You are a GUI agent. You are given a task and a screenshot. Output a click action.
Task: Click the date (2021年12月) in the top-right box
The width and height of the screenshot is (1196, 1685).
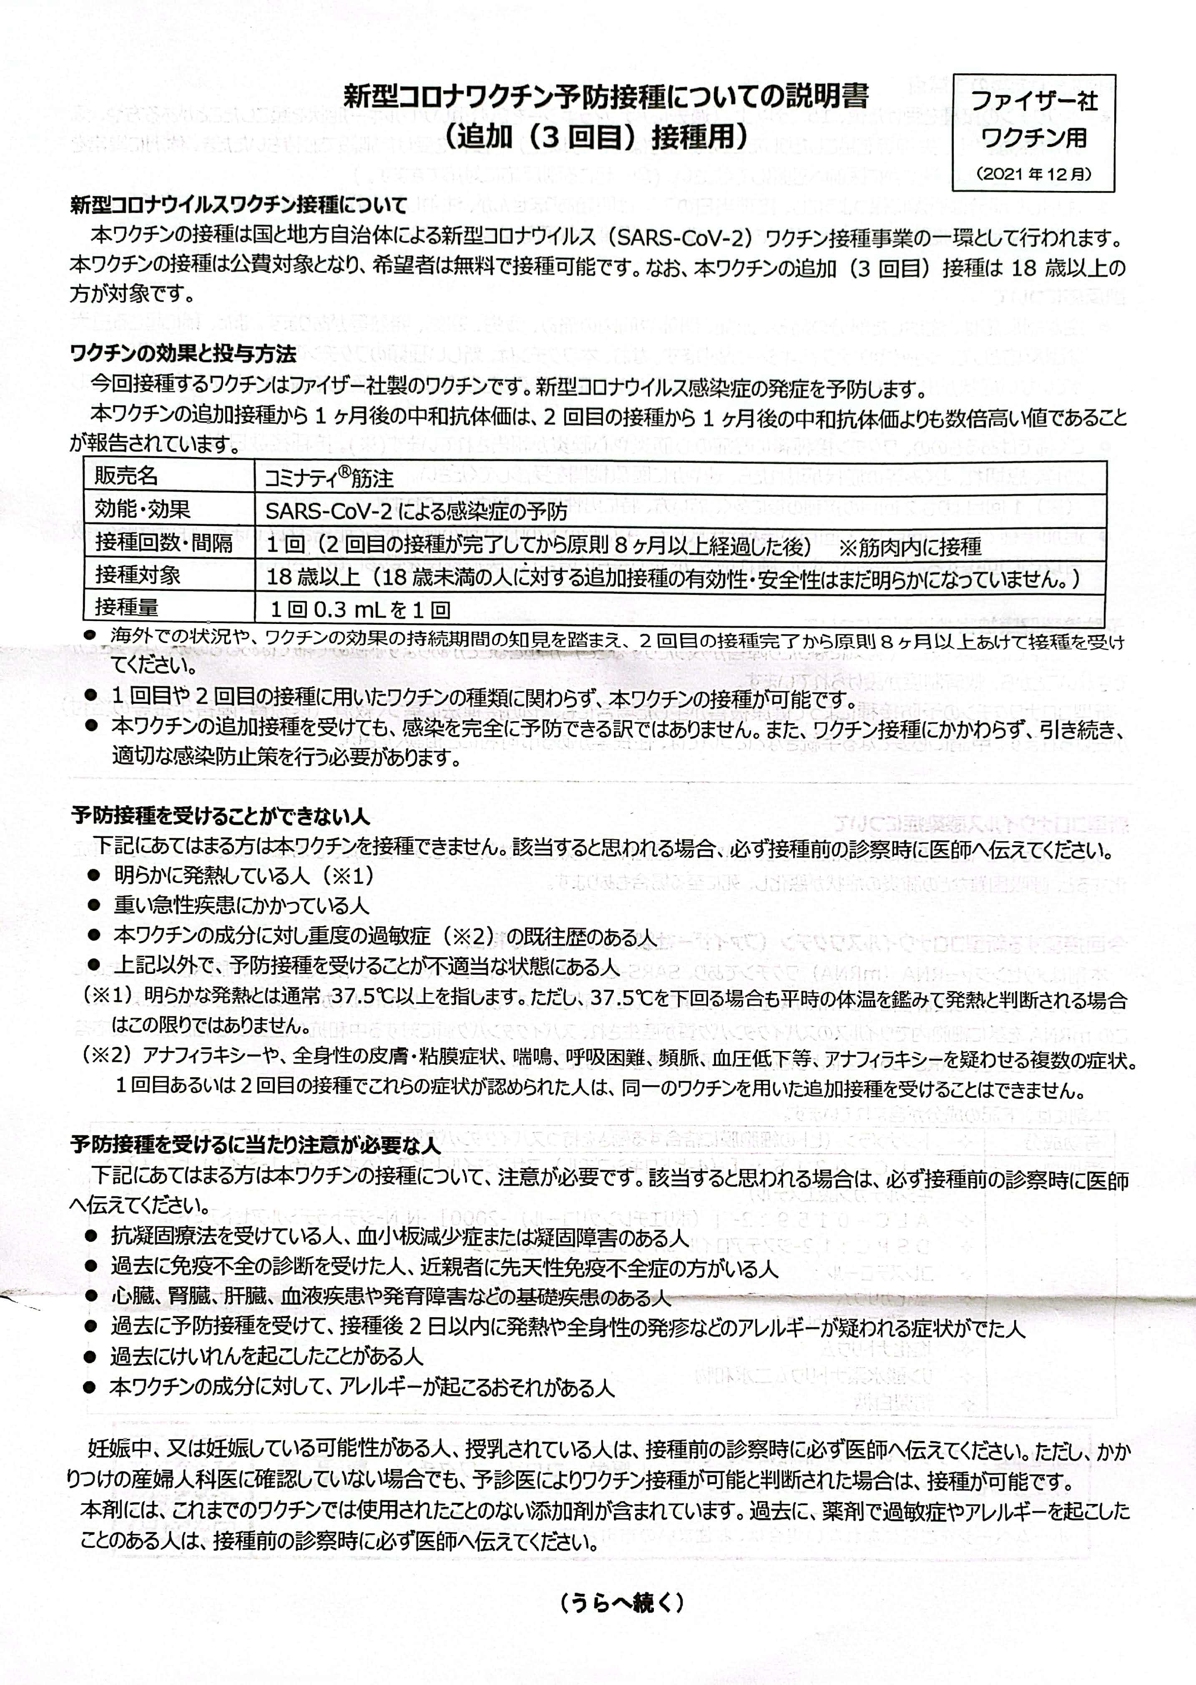point(1033,174)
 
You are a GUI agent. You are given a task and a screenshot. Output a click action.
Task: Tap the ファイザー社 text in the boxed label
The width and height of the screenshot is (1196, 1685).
point(1033,101)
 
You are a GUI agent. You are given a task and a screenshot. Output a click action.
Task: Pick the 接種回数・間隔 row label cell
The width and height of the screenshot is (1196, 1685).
point(163,543)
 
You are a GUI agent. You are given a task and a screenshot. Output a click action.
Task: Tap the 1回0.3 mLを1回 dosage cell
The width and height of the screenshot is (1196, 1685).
point(360,609)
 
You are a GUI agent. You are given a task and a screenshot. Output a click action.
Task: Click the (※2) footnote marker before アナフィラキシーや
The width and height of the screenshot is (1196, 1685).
point(109,1058)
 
